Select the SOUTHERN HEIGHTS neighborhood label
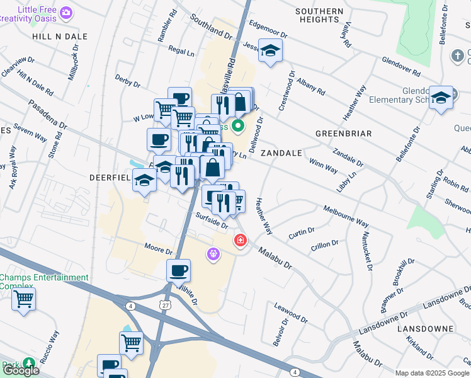tap(319, 16)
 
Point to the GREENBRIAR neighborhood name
tap(343, 134)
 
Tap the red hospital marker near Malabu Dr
tap(240, 240)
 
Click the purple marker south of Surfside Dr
tap(213, 253)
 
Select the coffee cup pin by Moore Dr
tap(178, 270)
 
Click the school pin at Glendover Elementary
tap(441, 98)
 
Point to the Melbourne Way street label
tap(346, 215)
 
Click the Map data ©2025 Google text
tap(432, 373)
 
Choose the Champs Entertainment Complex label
tap(44, 282)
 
